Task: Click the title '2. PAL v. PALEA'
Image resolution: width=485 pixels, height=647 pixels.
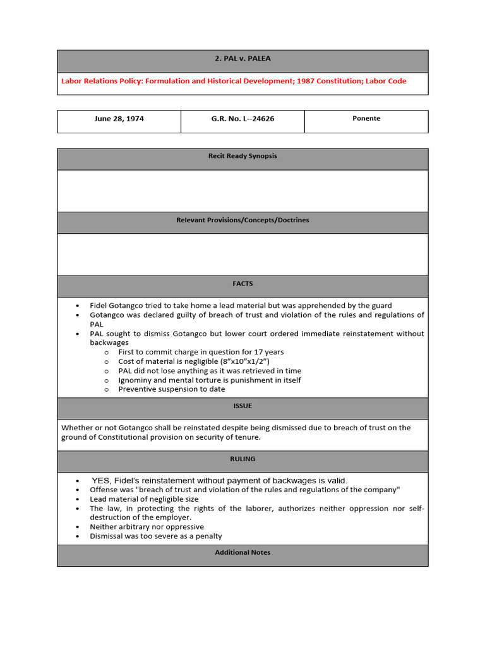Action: click(242, 59)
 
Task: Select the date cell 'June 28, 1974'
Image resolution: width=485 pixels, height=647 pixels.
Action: click(119, 119)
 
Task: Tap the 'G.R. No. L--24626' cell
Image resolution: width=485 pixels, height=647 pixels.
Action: click(242, 119)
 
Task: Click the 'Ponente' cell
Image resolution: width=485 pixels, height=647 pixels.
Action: click(366, 119)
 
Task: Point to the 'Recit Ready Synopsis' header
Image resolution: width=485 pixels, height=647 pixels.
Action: click(242, 156)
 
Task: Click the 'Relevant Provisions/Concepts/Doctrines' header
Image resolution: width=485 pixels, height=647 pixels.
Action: click(242, 220)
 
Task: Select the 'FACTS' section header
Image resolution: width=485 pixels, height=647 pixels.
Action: click(242, 284)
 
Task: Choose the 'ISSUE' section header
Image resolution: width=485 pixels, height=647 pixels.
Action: click(242, 406)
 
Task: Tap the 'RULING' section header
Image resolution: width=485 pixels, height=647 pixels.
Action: click(242, 459)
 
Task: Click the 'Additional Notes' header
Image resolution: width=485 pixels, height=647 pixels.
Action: click(242, 552)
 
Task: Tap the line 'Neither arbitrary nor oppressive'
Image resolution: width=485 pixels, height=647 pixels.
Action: click(147, 527)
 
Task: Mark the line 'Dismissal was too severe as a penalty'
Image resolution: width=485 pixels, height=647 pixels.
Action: click(156, 536)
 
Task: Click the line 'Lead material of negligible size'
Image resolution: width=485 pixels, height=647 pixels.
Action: click(144, 499)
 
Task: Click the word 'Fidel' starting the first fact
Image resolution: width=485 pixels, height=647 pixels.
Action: click(99, 306)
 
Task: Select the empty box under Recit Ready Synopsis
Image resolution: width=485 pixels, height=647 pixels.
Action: click(242, 190)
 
